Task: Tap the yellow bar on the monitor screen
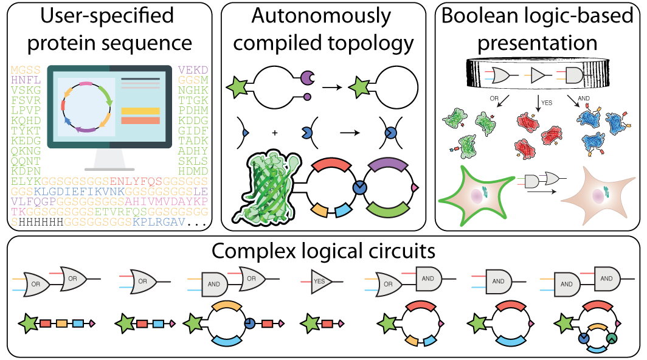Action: coord(140,111)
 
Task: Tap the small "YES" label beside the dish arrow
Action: coord(546,103)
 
